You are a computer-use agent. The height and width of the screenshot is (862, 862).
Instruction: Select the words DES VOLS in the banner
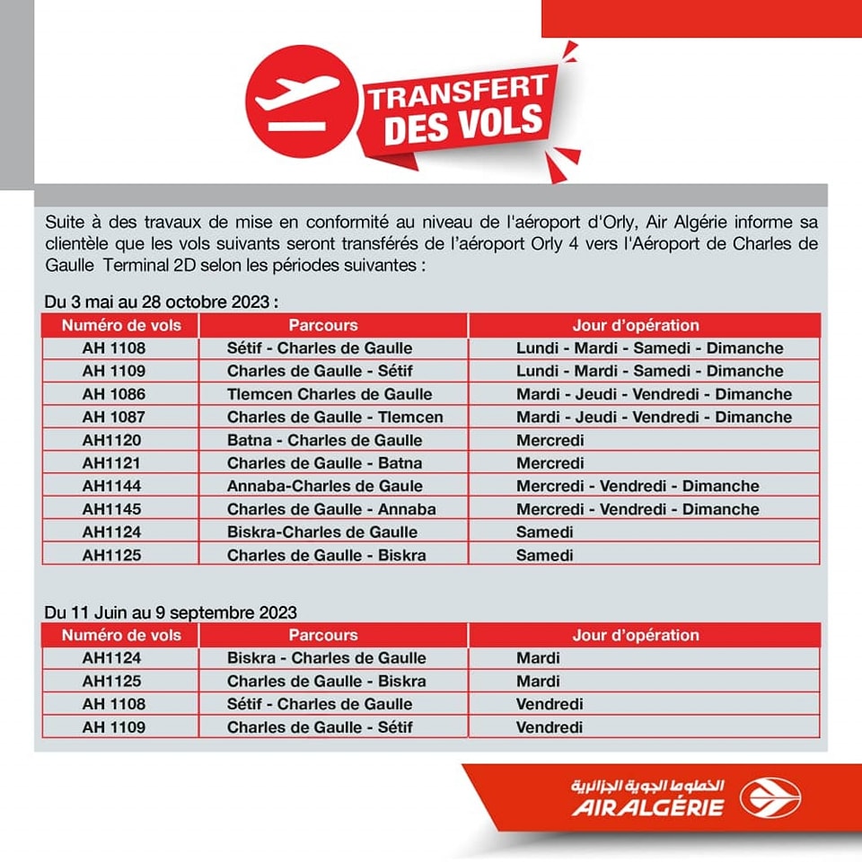(x=463, y=125)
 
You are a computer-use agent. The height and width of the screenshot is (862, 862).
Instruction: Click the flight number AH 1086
(x=113, y=394)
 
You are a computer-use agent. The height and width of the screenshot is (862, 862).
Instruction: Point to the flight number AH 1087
(x=113, y=417)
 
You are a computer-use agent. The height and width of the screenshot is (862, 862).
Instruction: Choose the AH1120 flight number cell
(x=111, y=440)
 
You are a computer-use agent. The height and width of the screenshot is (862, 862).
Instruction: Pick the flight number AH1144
(x=111, y=486)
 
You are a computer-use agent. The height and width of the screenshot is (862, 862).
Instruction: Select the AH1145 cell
(x=111, y=509)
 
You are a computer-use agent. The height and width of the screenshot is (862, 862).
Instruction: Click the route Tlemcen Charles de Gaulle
(x=329, y=394)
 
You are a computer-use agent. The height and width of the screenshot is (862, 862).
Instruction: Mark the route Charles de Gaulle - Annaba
(x=331, y=509)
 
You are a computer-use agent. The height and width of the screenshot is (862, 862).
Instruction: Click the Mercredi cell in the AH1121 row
(x=550, y=463)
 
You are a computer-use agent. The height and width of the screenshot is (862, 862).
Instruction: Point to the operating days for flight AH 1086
(x=654, y=394)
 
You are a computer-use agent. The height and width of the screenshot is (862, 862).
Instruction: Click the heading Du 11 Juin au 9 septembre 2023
(x=172, y=613)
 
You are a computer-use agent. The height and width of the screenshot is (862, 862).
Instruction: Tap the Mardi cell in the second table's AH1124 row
(x=538, y=658)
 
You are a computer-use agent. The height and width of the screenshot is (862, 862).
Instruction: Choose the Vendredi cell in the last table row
(x=550, y=727)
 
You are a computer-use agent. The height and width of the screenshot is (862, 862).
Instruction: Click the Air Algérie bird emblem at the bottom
(x=770, y=796)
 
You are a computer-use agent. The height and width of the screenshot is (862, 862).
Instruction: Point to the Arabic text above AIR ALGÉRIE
(x=647, y=785)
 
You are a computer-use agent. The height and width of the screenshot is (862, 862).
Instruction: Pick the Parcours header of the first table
(x=323, y=325)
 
